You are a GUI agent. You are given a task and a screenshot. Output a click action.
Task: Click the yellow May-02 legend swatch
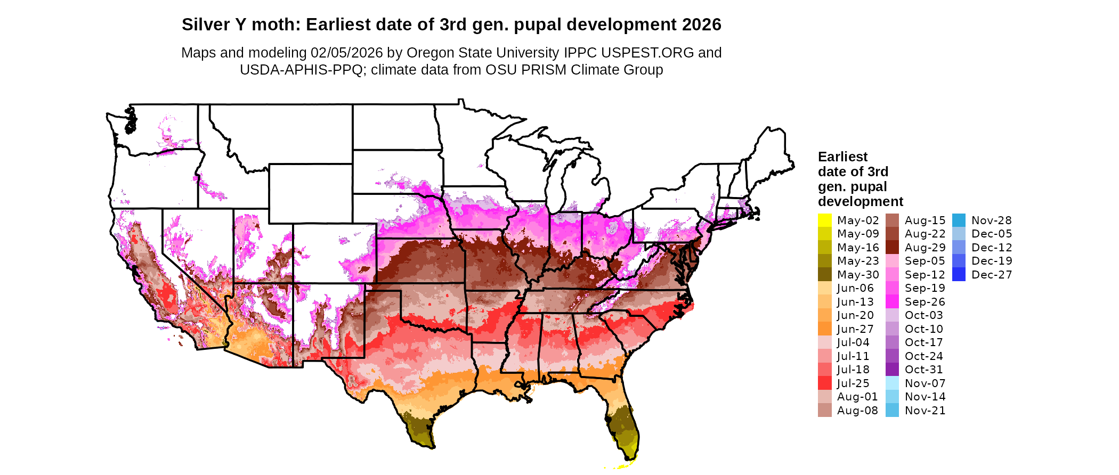[x=824, y=220]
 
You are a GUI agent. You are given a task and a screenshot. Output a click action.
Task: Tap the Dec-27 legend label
[x=991, y=275]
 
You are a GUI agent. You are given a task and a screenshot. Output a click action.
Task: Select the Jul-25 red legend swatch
[x=824, y=383]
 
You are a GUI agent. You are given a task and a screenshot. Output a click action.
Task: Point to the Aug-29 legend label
[x=925, y=248]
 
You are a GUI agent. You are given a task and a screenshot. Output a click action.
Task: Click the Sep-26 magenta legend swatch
[x=892, y=302]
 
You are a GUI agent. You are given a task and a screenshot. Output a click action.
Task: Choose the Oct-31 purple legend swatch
[x=892, y=370]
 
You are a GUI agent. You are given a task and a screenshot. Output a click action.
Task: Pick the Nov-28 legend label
[x=991, y=220]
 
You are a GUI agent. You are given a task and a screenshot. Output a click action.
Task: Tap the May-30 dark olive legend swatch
[x=824, y=274]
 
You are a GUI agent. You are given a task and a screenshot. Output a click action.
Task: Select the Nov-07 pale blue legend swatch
[x=892, y=383]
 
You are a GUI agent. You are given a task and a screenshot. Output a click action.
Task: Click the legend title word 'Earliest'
[x=842, y=157]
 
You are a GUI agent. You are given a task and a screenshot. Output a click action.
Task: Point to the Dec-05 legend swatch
[x=959, y=234]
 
